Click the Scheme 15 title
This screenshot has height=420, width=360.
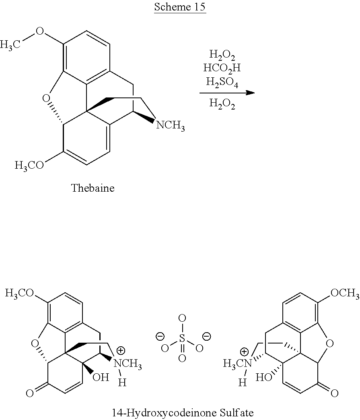click(x=180, y=7)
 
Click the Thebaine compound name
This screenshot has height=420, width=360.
click(x=93, y=188)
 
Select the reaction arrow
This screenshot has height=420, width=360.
click(x=227, y=93)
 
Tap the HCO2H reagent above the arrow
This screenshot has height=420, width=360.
click(x=222, y=68)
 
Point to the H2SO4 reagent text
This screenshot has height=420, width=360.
click(x=222, y=82)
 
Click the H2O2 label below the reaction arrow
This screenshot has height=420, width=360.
click(x=222, y=103)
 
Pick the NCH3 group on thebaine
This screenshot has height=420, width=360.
click(x=171, y=125)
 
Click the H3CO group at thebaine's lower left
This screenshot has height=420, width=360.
click(x=29, y=165)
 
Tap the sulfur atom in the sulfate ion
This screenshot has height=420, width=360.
click(x=182, y=339)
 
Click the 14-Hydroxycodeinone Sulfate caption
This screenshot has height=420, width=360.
click(x=182, y=412)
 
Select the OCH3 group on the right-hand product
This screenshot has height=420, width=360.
click(x=345, y=293)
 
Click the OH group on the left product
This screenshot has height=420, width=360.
click(x=101, y=377)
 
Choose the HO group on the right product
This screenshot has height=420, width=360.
click(x=264, y=378)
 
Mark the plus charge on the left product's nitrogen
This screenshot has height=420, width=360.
click(x=121, y=351)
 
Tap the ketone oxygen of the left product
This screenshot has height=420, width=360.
click(x=30, y=393)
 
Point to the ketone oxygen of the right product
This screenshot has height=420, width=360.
click(x=334, y=393)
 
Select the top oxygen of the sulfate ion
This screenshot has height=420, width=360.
click(x=182, y=319)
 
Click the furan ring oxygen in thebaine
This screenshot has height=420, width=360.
click(x=46, y=99)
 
